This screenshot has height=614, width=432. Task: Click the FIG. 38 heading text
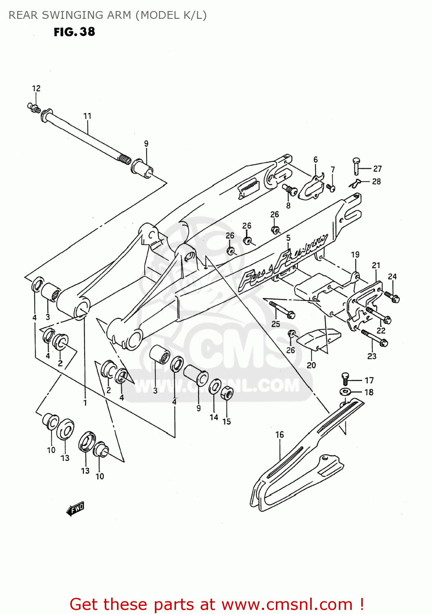coord(74,32)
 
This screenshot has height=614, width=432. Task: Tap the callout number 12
coord(36,88)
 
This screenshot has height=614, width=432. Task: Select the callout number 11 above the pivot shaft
coord(87,116)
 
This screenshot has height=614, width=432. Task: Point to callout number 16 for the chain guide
coord(280,435)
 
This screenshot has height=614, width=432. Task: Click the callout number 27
coord(377,169)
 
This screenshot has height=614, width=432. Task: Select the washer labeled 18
coord(345,392)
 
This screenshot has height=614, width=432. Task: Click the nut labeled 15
coord(227,394)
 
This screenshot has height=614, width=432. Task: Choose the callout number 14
coord(214,418)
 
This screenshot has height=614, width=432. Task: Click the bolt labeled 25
coord(282,309)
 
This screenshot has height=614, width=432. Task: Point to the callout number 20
coord(311,365)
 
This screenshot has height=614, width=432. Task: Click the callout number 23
coord(372,356)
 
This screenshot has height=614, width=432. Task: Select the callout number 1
coord(85,403)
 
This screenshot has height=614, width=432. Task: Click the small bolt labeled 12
coord(34,107)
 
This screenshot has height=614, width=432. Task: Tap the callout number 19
coord(355,255)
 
